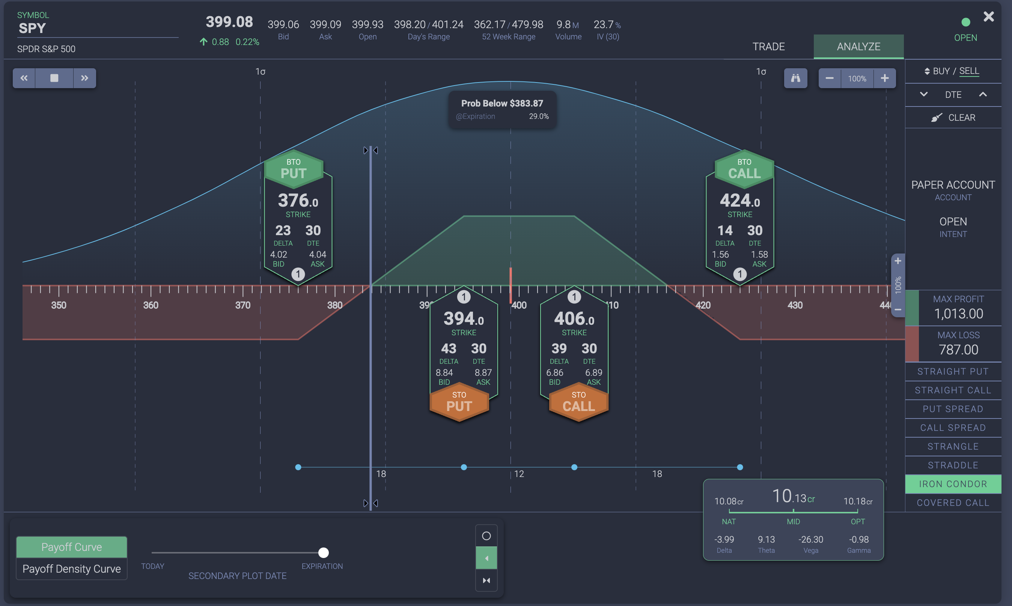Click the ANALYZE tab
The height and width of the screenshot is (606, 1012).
[x=858, y=46]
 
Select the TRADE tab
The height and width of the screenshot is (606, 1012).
[x=768, y=46]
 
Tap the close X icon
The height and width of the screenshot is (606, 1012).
[x=988, y=17]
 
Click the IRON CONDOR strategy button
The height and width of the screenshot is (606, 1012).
[x=953, y=484]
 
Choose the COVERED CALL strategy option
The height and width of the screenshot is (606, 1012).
[x=953, y=502]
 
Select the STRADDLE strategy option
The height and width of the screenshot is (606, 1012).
[x=953, y=465]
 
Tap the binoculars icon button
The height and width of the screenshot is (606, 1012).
[x=795, y=78]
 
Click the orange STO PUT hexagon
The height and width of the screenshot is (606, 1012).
[x=459, y=402]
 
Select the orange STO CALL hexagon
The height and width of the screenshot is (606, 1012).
[x=578, y=402]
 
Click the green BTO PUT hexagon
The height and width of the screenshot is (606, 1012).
[x=294, y=169]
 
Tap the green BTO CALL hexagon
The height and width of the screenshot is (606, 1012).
[x=744, y=169]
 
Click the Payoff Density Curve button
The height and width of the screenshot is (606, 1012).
[x=72, y=569]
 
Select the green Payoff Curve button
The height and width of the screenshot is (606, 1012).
[x=72, y=547]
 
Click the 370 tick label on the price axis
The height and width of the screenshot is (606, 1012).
[x=243, y=305]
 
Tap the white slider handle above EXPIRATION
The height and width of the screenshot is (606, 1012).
[x=323, y=552]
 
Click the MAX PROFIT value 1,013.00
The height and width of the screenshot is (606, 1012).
[x=958, y=313]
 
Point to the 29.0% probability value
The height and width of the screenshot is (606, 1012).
[x=539, y=116]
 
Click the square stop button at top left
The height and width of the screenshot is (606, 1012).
[x=54, y=78]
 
